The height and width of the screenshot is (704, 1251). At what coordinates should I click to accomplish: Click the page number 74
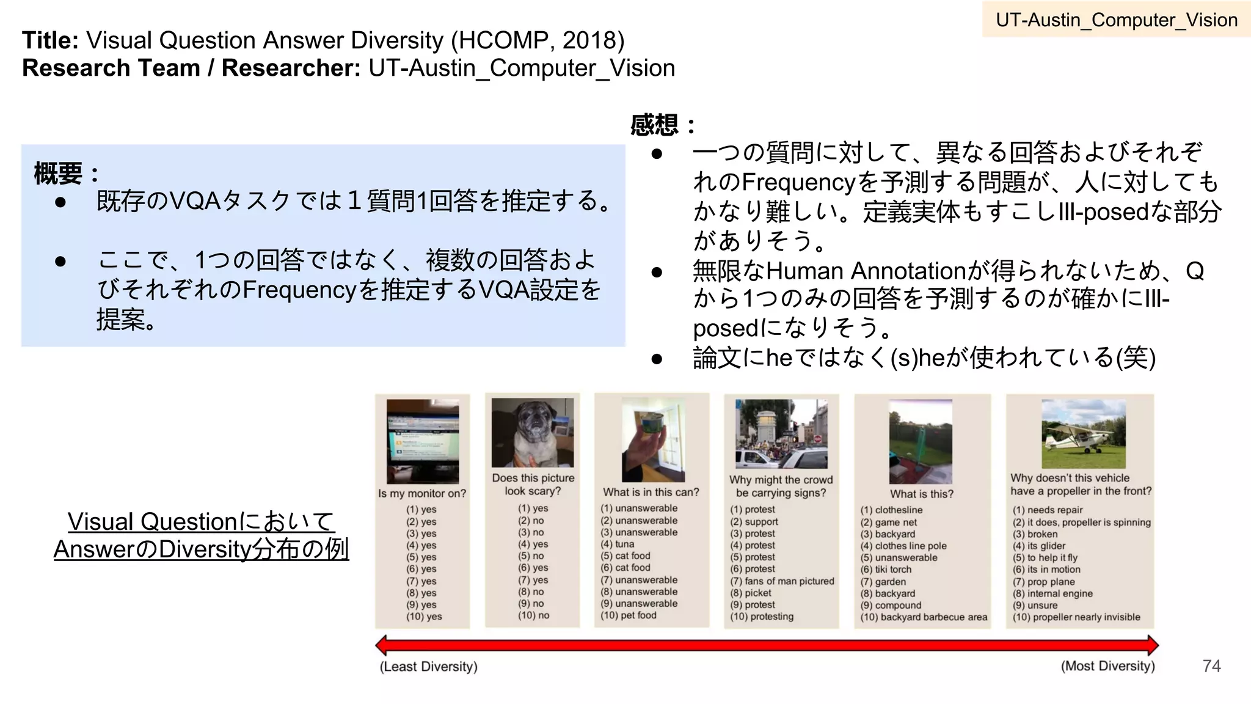tap(1211, 665)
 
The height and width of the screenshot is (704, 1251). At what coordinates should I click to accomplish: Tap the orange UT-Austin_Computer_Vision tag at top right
tap(1116, 20)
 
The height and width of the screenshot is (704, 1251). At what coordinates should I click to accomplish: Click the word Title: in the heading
tap(50, 41)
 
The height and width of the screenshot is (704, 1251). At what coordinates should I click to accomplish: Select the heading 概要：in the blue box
tap(66, 174)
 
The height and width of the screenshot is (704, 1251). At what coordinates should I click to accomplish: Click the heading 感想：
tap(662, 125)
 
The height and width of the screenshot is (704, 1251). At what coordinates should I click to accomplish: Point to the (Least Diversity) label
tap(428, 666)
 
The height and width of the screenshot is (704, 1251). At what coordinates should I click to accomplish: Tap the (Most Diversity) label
tap(1107, 665)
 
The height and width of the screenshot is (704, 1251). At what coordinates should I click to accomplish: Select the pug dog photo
tap(533, 433)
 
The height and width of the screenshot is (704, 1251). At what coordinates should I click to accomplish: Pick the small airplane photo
tap(1083, 433)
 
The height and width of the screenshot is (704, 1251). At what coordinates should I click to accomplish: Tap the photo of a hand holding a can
tap(653, 440)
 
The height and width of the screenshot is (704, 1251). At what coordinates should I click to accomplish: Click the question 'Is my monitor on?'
tap(422, 493)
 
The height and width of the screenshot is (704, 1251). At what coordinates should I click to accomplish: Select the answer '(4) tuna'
tap(617, 544)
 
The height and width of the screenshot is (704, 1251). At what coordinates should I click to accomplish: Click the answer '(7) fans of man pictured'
tap(782, 581)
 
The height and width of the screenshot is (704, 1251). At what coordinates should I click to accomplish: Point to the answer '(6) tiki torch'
tap(886, 570)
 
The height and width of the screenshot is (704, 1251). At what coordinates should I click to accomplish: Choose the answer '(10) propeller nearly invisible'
tap(1076, 617)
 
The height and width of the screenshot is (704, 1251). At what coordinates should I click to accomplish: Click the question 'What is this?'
tap(921, 494)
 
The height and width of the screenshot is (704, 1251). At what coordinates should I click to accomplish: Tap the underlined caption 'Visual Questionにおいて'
tap(200, 521)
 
